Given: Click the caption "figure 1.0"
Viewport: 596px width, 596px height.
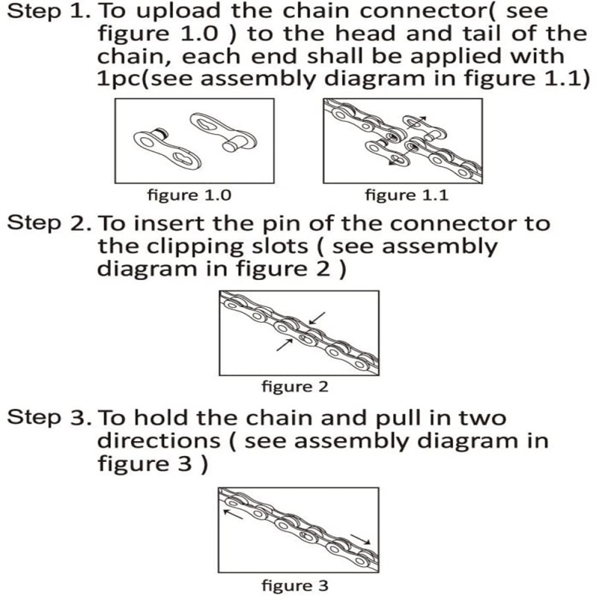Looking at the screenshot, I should (188, 195).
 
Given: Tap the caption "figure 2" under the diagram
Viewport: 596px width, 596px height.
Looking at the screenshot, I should (295, 386).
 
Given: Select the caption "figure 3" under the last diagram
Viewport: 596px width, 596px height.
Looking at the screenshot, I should (295, 585).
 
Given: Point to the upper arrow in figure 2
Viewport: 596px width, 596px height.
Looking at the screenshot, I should (316, 318).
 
